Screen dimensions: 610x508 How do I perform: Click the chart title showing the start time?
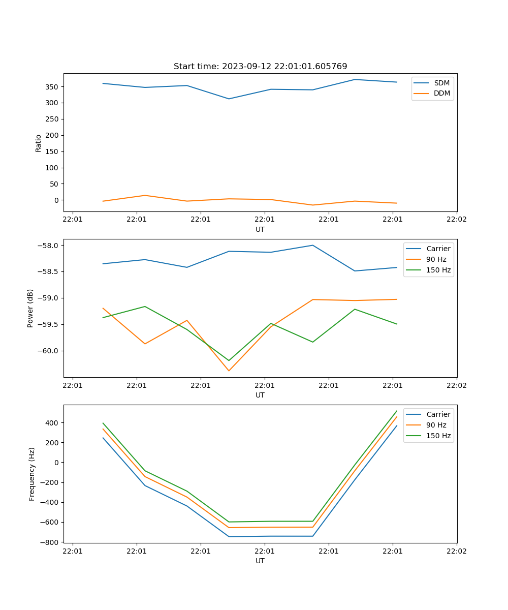pos(260,67)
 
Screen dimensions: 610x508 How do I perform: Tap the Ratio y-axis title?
pos(39,142)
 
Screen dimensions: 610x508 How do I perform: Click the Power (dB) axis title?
pos(30,308)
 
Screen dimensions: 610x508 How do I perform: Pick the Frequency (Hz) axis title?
pos(32,474)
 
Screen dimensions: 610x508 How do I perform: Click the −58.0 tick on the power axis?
pos(49,246)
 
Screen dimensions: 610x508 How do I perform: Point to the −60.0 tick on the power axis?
pos(49,351)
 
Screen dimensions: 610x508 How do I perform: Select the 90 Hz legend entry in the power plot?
pos(436,259)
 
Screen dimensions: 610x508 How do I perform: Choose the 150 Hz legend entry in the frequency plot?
pos(438,436)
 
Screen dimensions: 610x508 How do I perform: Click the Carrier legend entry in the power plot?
pos(438,249)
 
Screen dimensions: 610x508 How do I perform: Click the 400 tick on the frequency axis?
pos(53,423)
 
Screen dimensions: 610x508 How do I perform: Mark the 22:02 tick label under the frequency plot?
pos(456,550)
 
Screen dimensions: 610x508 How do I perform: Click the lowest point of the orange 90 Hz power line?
pos(229,371)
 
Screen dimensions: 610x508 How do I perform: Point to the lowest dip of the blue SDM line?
pos(229,99)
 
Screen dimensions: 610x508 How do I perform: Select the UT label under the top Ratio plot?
pos(260,229)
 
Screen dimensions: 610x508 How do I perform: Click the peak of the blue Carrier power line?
pos(313,245)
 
